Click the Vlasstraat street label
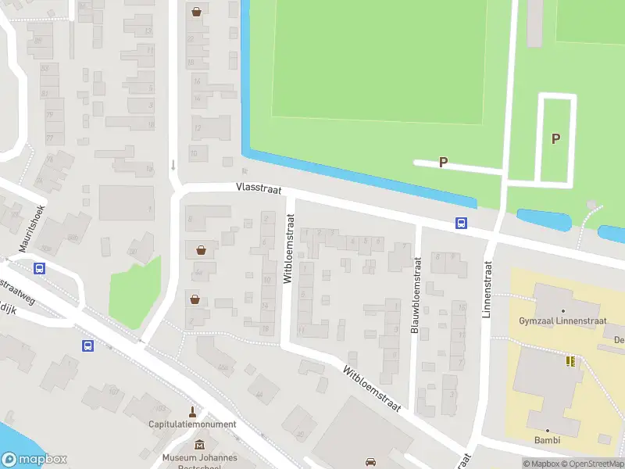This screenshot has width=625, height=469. [x=260, y=189]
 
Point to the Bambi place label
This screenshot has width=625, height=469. [x=548, y=440]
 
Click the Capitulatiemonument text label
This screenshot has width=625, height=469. [x=192, y=424]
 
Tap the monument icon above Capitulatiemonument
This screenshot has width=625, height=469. [x=192, y=411]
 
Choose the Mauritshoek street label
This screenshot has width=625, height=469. [x=34, y=227]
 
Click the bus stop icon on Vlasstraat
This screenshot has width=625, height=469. [x=462, y=224]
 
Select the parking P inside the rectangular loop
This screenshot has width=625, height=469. [x=556, y=139]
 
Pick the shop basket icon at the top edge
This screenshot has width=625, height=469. [x=196, y=12]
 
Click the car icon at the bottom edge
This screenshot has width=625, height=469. [x=372, y=461]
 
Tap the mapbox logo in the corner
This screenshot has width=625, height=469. [x=34, y=460]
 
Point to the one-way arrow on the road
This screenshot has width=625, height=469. [x=173, y=165]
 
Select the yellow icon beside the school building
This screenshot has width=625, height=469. [x=570, y=360]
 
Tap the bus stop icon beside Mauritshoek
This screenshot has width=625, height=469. [x=39, y=269]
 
